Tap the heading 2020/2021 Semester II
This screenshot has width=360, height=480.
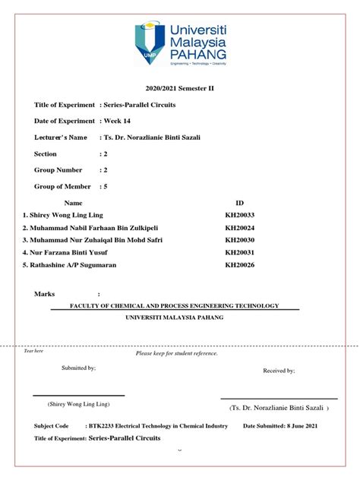pos(180,89)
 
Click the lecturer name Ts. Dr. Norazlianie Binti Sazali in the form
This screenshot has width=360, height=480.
pos(153,137)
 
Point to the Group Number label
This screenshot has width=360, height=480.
pos(58,170)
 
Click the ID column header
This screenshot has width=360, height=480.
pos(241,204)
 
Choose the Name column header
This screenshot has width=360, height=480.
pos(73,204)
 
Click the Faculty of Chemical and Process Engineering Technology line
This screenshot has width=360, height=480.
pos(175,305)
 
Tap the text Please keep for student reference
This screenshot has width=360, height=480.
pos(177,353)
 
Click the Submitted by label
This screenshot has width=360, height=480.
pos(78,368)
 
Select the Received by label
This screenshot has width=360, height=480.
pos(279,371)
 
